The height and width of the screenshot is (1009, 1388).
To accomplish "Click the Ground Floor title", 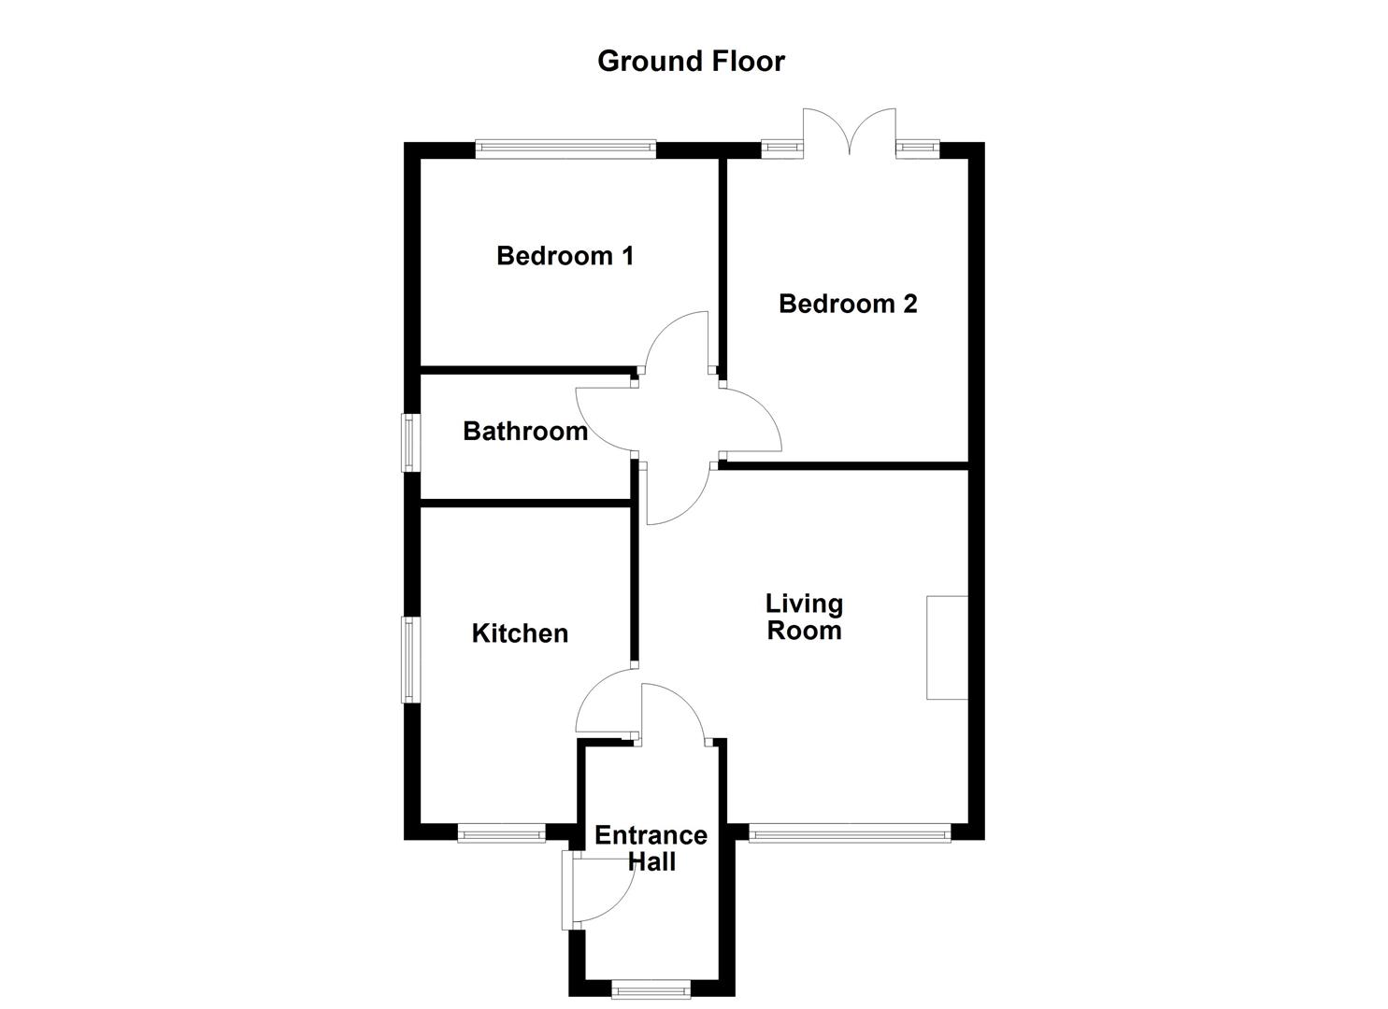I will point(691,61).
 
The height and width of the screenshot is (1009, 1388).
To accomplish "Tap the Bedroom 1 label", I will point(565,255).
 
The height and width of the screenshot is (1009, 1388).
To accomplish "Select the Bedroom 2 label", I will point(848,304).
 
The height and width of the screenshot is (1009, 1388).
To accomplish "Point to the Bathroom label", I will point(525,431).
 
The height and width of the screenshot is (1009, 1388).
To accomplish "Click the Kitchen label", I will point(520,633).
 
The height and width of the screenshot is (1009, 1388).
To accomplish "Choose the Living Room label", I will point(804,618).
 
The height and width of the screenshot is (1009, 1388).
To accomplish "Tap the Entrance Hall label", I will point(651,848).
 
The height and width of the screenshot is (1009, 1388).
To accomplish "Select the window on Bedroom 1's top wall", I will point(565,149).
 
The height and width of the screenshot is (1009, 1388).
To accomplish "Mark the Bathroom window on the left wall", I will point(409,442).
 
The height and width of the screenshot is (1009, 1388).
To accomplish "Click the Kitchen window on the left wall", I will point(409,660).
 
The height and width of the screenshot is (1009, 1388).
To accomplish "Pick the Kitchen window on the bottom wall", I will point(501,832).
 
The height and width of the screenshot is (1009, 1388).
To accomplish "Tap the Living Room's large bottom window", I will point(849,832).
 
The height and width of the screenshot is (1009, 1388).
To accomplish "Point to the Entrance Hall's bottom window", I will point(651,988).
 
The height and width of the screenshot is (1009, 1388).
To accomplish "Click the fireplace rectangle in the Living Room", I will point(947,647).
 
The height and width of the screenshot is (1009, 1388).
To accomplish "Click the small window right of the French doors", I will point(918,147).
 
